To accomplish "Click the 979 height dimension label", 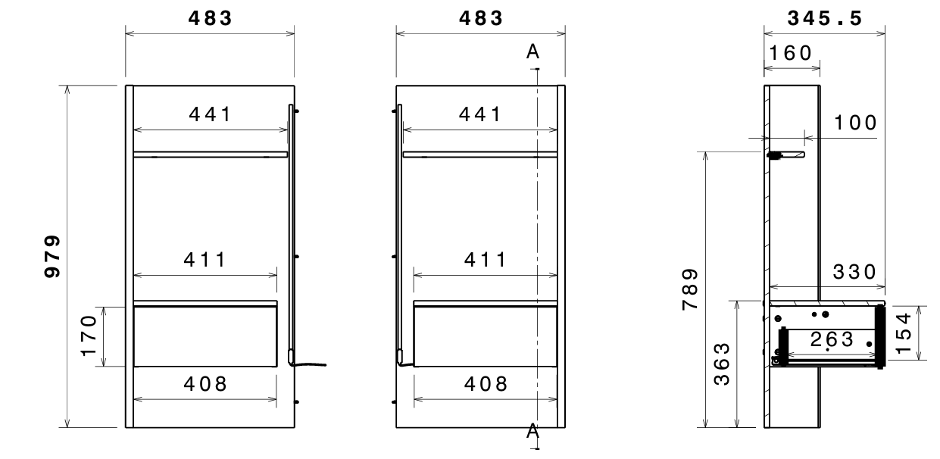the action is coord(52,256).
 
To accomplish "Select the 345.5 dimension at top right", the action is coord(825,18).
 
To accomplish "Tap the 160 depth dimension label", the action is coord(790,53).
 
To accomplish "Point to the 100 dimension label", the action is coord(855,123).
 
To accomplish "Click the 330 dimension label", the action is coord(854,272).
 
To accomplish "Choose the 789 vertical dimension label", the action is coord(690,289).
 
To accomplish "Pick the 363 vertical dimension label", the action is coord(722,364).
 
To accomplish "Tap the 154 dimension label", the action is coord(904,333).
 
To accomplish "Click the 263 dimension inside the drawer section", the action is coord(832,339).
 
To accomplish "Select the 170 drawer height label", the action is coord(89,336).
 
